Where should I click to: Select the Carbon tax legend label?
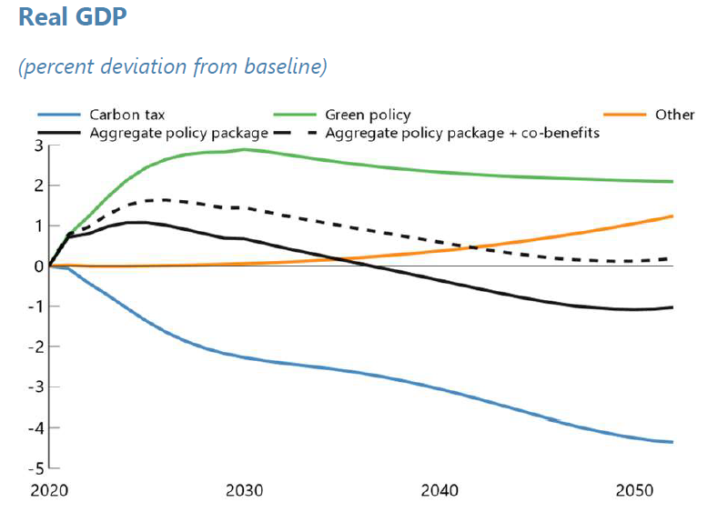(x=126, y=115)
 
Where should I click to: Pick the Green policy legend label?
(x=368, y=115)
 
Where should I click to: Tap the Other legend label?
(x=674, y=115)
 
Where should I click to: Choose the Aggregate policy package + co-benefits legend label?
(x=461, y=133)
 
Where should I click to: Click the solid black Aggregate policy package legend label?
(x=178, y=133)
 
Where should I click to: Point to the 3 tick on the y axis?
(x=39, y=146)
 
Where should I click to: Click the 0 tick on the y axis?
(x=39, y=266)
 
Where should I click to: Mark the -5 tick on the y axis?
(x=36, y=468)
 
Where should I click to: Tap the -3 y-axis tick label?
(x=36, y=387)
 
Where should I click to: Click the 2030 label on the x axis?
(x=244, y=491)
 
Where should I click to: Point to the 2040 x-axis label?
(x=440, y=491)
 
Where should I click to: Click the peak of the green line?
(x=244, y=149)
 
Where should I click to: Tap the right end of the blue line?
(x=672, y=442)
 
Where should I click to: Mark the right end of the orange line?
(x=672, y=216)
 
